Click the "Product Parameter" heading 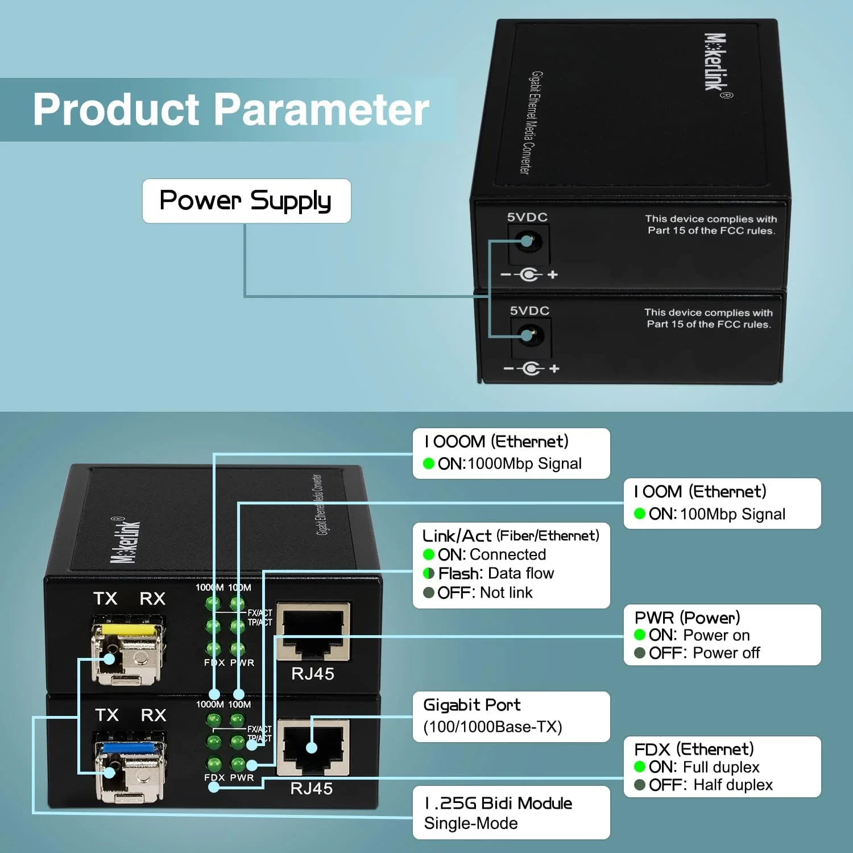point(231,109)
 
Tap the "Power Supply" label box point(246,201)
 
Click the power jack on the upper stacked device point(528,242)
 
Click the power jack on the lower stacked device point(530,336)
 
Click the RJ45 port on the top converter point(313,632)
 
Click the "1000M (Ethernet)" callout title point(496,441)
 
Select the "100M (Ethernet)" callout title point(700,491)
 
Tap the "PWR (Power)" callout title point(688,617)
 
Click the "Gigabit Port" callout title point(472,705)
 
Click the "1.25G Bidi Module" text point(498,803)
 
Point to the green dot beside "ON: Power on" point(640,635)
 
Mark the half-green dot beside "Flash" point(429,573)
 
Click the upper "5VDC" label point(527,217)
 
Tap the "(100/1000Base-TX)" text point(492,727)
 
